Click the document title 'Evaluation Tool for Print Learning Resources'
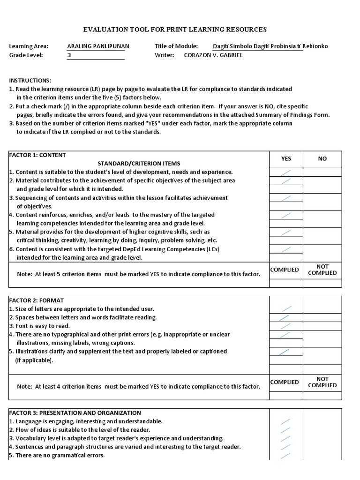[175, 30]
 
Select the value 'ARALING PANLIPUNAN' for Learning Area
[98, 46]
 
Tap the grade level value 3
[69, 55]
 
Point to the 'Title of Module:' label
[176, 46]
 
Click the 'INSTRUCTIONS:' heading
[30, 81]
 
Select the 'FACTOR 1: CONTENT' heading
[37, 155]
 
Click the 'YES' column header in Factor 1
[286, 159]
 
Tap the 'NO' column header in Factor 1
[322, 159]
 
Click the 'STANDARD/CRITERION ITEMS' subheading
[138, 164]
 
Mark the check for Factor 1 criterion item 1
[285, 172]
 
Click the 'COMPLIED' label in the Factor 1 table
[285, 270]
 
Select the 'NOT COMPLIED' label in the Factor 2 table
[322, 382]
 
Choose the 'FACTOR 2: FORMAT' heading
[37, 300]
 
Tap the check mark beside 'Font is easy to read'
[285, 326]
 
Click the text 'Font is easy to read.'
[43, 326]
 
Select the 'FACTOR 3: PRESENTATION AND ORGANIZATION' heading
[75, 413]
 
